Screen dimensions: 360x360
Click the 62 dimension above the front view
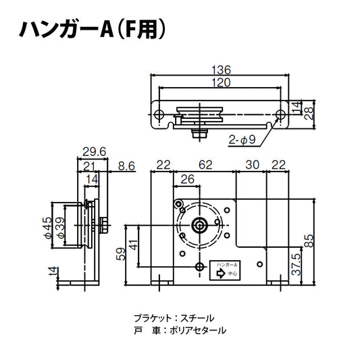205,164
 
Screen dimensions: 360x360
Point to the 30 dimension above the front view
253,164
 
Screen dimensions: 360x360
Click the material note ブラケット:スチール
172,317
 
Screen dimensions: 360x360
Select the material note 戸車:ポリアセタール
179,331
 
